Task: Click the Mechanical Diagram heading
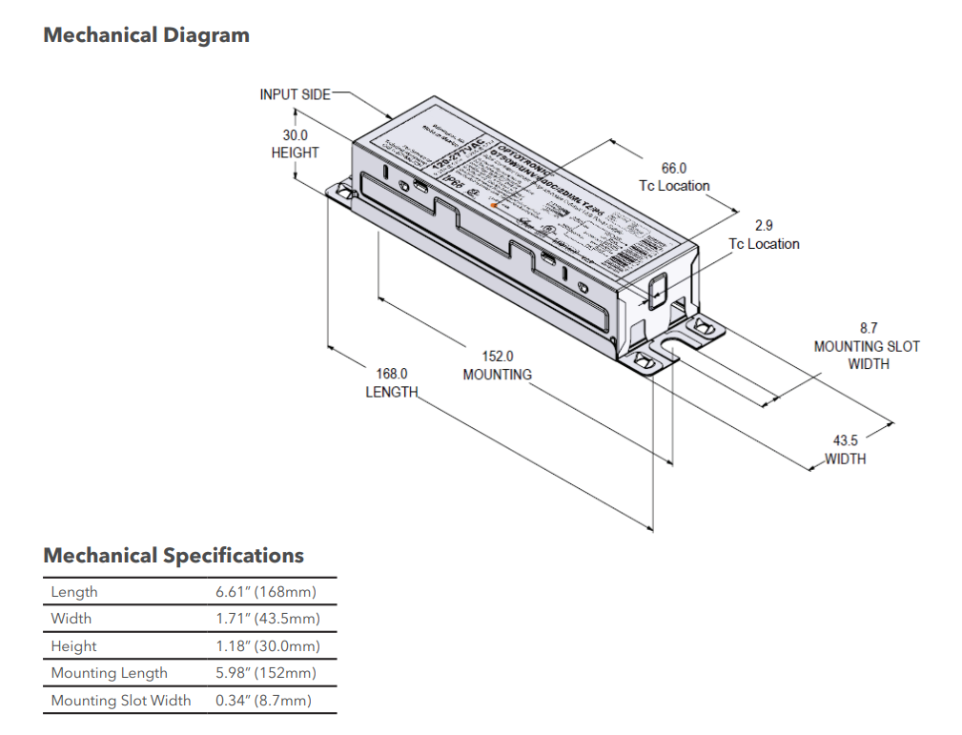(x=146, y=35)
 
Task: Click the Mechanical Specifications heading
(x=174, y=555)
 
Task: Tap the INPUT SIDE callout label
(x=295, y=94)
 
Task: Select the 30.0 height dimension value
(x=295, y=135)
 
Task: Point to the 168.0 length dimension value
(x=391, y=374)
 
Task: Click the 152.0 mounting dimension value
(x=497, y=356)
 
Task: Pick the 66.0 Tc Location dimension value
(x=674, y=168)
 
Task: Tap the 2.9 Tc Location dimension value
(x=764, y=226)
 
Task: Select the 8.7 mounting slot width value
(x=868, y=328)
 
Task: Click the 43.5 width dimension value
(x=845, y=440)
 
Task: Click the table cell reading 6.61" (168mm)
(x=266, y=592)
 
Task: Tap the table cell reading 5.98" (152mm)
(x=266, y=673)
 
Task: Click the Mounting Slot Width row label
(x=121, y=701)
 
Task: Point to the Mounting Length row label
(x=109, y=673)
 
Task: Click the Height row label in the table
(x=73, y=646)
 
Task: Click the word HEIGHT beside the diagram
(x=295, y=153)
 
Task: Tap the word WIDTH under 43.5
(x=845, y=459)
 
